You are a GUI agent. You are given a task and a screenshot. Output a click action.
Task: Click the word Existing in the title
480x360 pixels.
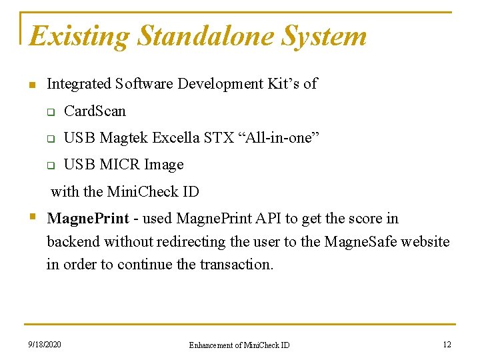(x=80, y=36)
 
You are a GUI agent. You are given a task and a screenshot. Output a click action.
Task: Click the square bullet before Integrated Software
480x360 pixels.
(x=31, y=85)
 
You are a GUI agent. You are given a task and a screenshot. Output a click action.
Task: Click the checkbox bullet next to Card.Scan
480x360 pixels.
(x=49, y=111)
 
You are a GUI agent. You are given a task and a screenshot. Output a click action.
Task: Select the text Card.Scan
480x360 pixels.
(x=95, y=111)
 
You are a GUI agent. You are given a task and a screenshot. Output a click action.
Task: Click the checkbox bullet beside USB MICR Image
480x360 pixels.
(x=49, y=165)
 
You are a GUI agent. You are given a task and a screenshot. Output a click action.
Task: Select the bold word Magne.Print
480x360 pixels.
(x=88, y=219)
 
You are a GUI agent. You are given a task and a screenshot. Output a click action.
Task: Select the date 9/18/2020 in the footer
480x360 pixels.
(x=44, y=345)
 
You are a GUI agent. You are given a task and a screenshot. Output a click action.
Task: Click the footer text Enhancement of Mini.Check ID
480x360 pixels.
(x=239, y=345)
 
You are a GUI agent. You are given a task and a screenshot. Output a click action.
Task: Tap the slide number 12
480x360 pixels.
(x=447, y=345)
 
